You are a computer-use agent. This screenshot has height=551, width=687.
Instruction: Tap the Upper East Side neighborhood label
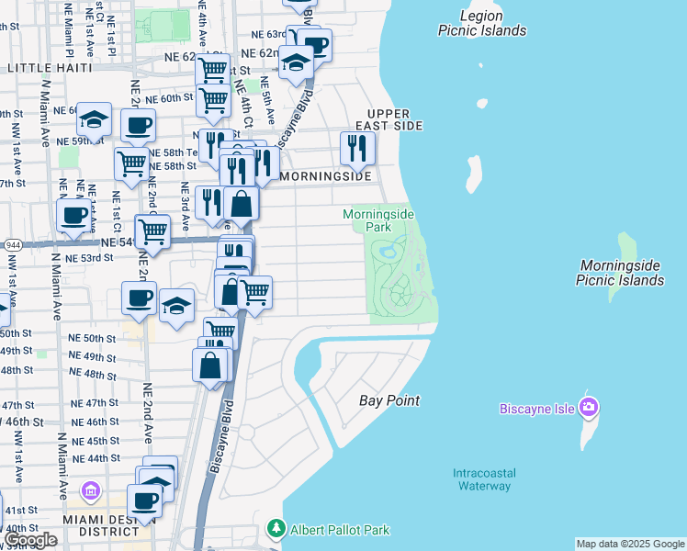pos(395,118)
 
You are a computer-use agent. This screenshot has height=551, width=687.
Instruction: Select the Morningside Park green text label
pos(378,220)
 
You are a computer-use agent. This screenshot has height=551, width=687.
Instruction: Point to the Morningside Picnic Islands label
pos(620,273)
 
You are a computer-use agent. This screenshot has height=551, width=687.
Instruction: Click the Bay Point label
pos(389,400)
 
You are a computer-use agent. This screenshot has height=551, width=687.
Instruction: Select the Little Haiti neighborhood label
pos(50,68)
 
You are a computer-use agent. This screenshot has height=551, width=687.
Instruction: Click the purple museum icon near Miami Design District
pos(90,491)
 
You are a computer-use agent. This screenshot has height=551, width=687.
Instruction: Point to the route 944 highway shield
pos(14,245)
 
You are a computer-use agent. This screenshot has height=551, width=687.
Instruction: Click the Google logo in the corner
pos(30,540)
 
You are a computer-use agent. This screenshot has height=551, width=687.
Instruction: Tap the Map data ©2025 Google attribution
pos(630,544)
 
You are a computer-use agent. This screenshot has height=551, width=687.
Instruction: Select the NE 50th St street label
pos(92,339)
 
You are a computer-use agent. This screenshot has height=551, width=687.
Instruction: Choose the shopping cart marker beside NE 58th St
pos(131,163)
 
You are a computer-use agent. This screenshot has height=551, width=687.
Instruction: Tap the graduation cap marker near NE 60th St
pos(94,118)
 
